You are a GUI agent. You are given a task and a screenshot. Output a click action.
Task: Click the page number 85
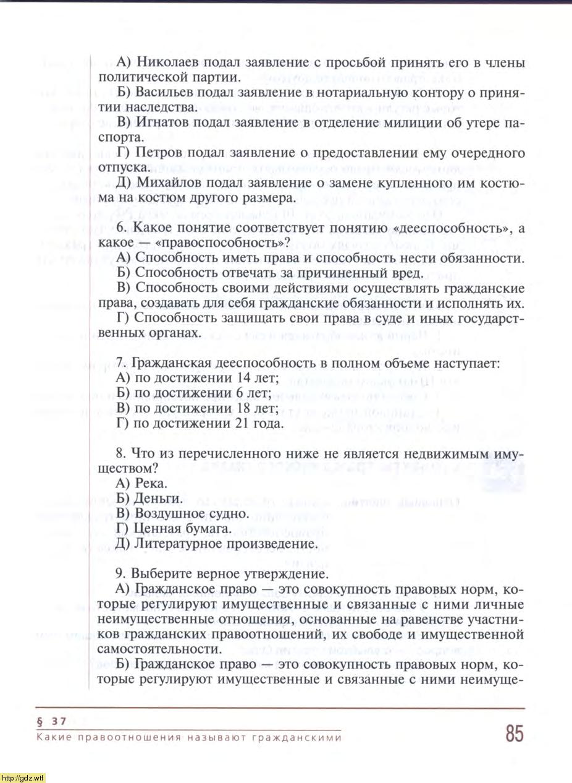[514, 734]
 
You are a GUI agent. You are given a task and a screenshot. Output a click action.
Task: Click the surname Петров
[157, 152]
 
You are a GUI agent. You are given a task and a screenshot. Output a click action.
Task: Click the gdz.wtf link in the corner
[23, 777]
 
